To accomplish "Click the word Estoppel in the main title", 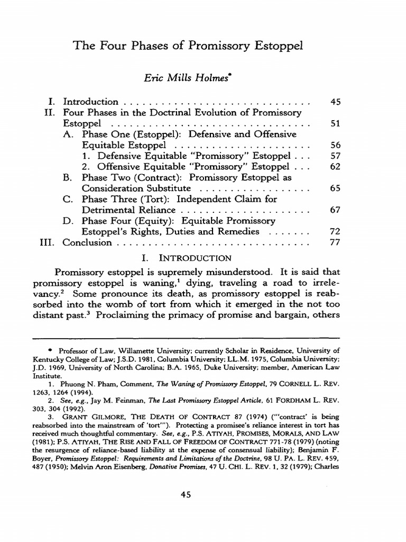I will [274, 46].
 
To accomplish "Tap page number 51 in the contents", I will [335, 123].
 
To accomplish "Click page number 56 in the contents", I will [335, 145].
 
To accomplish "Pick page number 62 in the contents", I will [335, 167].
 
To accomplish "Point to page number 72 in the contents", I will [335, 232].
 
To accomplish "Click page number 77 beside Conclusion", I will [335, 243].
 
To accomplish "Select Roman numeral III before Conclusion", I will [49, 243].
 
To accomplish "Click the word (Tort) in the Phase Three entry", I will [156, 200].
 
